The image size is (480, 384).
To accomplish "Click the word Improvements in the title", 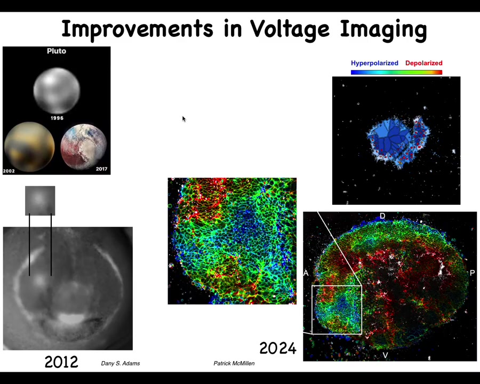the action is tap(137, 28).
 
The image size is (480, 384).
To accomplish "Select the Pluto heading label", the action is tap(57, 51).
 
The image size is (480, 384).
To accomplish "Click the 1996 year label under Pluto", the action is tap(57, 118).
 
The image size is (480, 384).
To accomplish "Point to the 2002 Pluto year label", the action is tap(9, 171).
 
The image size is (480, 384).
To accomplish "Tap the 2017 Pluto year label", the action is tap(101, 169).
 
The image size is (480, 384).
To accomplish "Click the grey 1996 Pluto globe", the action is tap(57, 90).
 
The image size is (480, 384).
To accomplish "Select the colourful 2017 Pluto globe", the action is tap(84, 146).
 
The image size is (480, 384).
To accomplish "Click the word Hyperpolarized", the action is tap(374, 63).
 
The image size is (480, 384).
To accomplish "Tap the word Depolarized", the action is tap(423, 63).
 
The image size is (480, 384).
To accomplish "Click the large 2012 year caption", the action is tap(61, 362).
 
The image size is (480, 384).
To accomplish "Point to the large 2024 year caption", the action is tap(278, 348).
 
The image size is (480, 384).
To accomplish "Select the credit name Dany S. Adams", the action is tap(121, 363).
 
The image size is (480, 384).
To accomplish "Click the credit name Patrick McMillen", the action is tap(234, 363).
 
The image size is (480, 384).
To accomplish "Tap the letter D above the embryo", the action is tap(382, 216).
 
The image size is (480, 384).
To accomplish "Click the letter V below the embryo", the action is tap(386, 355).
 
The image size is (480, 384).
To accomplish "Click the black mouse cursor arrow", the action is tap(183, 119).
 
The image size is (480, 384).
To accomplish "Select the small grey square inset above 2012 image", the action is tap(40, 201).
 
